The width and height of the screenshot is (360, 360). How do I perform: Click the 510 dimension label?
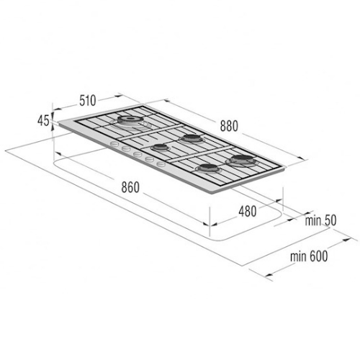88,100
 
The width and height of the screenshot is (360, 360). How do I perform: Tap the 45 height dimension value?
43,120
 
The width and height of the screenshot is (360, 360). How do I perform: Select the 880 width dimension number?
229,126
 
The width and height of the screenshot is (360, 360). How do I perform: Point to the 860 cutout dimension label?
130,187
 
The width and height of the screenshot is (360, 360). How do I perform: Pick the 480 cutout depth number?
248,212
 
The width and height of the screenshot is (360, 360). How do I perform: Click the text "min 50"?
320,220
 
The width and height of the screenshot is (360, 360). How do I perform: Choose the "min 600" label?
309,256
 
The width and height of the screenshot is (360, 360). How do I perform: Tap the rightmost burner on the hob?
243,160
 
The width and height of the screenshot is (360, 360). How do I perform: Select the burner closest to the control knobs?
159,148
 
